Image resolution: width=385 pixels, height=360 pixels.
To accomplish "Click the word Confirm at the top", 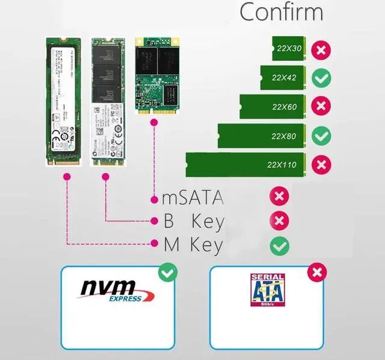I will pyautogui.click(x=282, y=13).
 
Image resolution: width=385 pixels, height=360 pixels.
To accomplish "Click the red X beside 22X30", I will pyautogui.click(x=322, y=49).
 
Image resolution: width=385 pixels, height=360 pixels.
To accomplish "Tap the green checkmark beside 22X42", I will pyautogui.click(x=322, y=78).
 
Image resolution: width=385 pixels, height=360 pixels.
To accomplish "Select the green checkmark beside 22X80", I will pyautogui.click(x=322, y=136).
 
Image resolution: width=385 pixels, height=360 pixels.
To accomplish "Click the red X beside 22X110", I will pyautogui.click(x=322, y=164).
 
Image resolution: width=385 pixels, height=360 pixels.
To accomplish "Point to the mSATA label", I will pyautogui.click(x=194, y=197).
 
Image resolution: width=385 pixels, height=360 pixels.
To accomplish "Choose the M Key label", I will pyautogui.click(x=194, y=245).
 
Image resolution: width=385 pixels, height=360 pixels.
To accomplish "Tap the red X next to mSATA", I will pyautogui.click(x=279, y=196).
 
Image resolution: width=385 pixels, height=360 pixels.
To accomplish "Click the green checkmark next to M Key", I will pyautogui.click(x=279, y=245).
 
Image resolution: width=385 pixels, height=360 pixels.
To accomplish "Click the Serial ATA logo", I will pyautogui.click(x=267, y=290).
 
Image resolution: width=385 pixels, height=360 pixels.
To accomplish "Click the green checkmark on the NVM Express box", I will pyautogui.click(x=167, y=274).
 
